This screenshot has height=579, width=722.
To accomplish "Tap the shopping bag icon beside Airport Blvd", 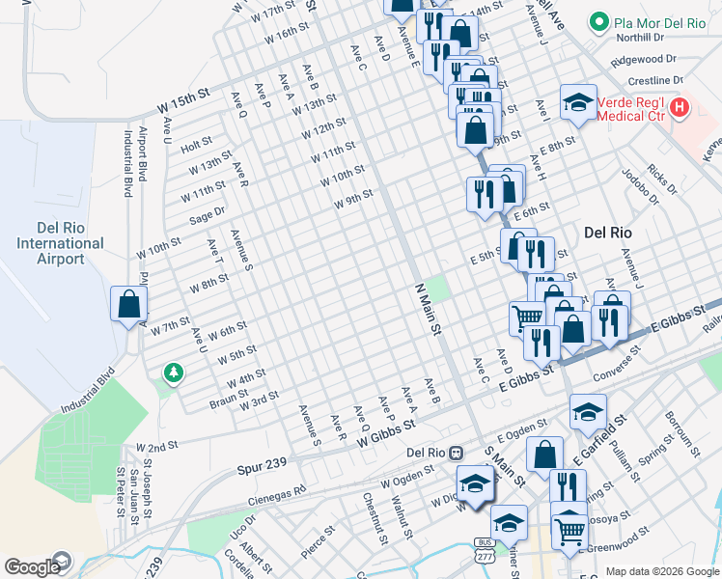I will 128,305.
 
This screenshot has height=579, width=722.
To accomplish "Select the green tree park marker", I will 173,372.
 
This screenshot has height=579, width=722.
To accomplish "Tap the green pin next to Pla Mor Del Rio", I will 598,21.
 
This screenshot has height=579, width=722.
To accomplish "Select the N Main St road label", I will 426,309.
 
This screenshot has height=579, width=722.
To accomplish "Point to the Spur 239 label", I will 262,465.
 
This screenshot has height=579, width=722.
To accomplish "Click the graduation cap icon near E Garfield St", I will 588,412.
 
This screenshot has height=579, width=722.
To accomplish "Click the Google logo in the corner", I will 31,567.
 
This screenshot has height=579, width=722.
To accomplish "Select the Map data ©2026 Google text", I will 661,571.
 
